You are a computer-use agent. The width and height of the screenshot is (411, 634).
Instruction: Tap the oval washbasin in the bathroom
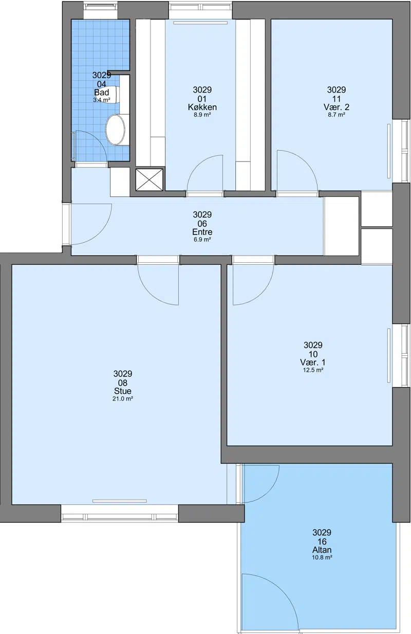115,130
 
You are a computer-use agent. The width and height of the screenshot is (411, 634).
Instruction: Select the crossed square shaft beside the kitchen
150,179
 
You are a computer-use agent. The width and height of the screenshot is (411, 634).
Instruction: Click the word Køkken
202,107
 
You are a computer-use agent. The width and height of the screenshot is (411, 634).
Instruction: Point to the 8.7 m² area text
337,115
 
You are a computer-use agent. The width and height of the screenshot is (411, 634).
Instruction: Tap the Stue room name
123,391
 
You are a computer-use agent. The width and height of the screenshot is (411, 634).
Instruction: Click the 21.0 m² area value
123,399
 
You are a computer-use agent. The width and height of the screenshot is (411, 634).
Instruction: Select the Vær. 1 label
313,363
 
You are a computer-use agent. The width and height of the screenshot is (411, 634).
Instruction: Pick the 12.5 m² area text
313,370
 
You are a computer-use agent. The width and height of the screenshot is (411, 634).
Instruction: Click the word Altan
322,550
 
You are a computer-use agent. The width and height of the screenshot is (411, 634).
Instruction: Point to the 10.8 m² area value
322,557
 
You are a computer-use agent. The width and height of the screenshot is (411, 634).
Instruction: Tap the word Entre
202,232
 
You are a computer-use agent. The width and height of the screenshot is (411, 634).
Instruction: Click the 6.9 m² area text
202,240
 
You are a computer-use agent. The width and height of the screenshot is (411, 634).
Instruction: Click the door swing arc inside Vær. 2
306,161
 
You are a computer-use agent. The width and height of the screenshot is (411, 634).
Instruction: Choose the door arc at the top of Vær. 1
261,293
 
